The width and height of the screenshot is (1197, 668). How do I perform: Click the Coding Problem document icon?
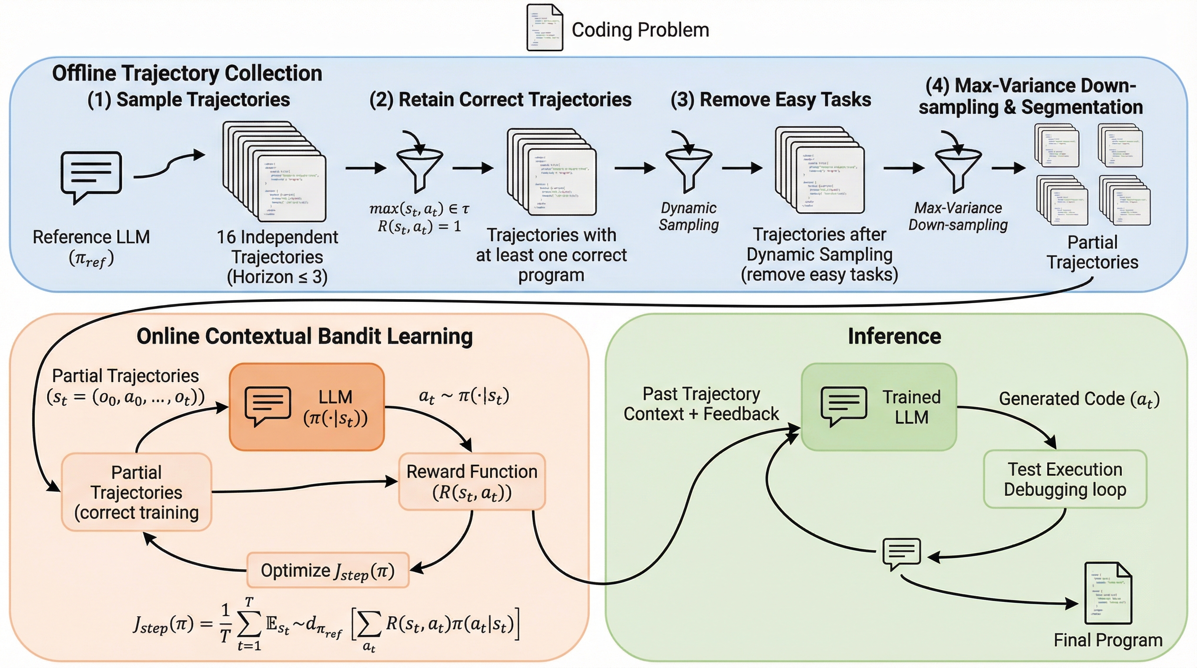(544, 28)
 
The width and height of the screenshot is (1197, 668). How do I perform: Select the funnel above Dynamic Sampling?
(689, 167)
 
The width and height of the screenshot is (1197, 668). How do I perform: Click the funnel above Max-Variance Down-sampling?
(958, 167)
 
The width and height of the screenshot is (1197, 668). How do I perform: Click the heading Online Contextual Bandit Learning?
(304, 336)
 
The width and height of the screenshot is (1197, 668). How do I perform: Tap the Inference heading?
(895, 336)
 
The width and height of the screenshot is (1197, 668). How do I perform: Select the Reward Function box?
(471, 482)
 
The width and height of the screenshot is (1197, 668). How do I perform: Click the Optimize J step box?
(328, 571)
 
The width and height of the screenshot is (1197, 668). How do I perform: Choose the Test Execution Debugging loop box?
(1065, 479)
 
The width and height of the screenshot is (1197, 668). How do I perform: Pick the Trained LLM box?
(879, 407)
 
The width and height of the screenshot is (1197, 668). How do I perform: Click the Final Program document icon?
(1108, 593)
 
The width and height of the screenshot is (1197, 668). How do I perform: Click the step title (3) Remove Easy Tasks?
(770, 100)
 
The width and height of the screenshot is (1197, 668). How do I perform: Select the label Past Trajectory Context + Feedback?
(701, 404)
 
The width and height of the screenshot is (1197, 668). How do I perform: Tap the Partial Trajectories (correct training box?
(137, 492)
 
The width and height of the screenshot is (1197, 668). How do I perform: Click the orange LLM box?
(307, 407)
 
